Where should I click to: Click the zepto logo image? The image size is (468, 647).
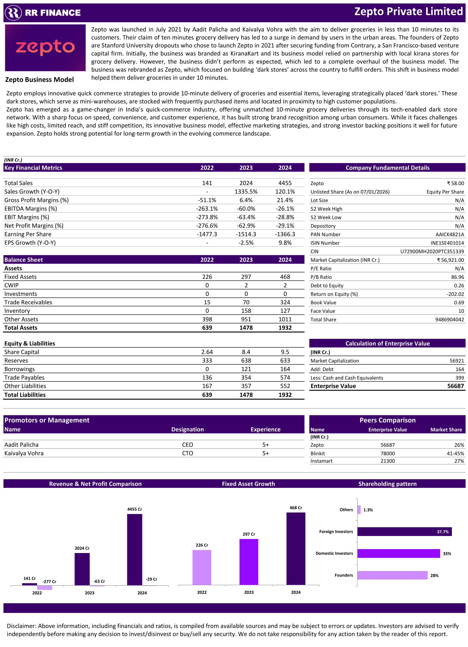click(45, 48)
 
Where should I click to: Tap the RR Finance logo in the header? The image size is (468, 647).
click(43, 12)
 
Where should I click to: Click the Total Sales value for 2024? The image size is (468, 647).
click(285, 183)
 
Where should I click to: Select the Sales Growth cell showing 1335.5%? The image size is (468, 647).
click(246, 192)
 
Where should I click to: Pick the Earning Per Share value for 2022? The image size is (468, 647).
click(207, 234)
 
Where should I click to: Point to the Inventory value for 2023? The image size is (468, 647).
click(246, 311)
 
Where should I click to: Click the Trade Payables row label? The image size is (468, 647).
click(24, 378)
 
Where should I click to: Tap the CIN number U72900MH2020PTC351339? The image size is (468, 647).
click(432, 252)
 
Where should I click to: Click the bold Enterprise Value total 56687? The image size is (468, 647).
click(456, 386)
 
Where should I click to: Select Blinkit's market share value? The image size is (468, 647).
click(455, 453)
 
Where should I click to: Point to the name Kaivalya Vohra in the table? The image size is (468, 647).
click(24, 453)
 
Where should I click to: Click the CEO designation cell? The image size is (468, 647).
click(187, 445)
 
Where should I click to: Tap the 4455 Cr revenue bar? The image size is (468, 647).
click(135, 549)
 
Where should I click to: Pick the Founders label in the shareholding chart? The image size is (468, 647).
click(344, 575)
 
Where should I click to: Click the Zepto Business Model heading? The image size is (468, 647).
click(39, 80)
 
